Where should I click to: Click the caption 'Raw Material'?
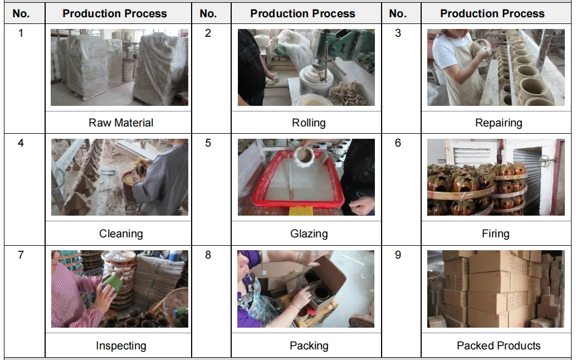[x=121, y=123]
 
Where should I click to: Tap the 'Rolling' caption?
[x=309, y=123]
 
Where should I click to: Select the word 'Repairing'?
[x=499, y=123]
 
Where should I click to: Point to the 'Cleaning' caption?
[x=121, y=233]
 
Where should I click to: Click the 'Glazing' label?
[x=309, y=233]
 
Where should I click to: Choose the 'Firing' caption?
[x=496, y=233]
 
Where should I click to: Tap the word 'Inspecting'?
[x=121, y=346]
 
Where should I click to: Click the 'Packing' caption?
[x=309, y=346]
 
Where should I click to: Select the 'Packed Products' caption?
[x=499, y=346]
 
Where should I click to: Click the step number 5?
[x=208, y=143]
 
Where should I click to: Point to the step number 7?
[x=21, y=255]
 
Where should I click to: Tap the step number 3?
[x=398, y=33]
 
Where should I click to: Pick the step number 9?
[x=398, y=255]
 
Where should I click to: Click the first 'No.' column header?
[x=21, y=13]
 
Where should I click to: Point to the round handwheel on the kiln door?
[x=545, y=161]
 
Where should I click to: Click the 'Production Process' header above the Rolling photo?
[x=302, y=13]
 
